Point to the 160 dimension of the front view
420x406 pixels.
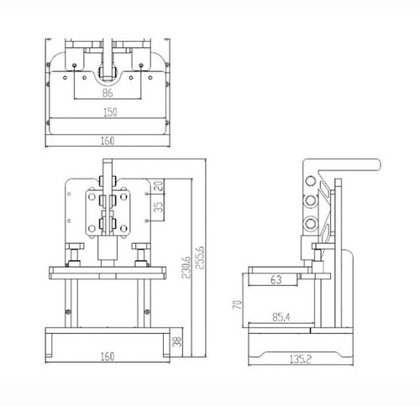pos(106,356)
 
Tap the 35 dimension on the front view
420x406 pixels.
pos(158,207)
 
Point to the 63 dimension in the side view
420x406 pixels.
pos(276,281)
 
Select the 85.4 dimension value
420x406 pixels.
pos(281,317)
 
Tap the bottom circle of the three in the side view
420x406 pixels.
pos(312,224)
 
